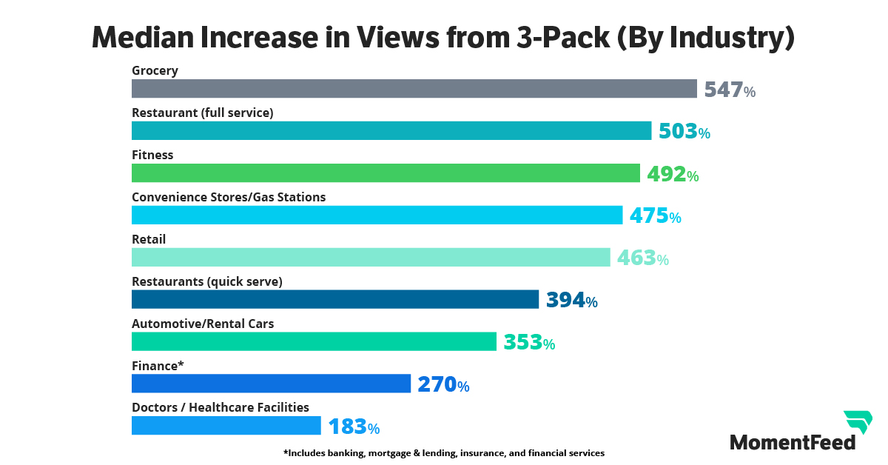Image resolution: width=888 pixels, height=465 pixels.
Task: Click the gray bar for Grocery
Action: point(414,89)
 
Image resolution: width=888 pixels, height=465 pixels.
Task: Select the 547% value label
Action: point(730,90)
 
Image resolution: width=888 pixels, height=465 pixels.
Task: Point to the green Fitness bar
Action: point(386,173)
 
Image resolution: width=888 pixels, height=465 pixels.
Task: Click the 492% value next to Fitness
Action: point(673,174)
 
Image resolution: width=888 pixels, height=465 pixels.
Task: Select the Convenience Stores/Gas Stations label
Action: point(229,197)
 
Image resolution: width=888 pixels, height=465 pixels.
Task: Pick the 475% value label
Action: point(655,216)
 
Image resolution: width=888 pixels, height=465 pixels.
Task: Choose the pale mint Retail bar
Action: point(371,257)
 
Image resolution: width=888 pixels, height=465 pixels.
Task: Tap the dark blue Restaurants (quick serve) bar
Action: point(334,299)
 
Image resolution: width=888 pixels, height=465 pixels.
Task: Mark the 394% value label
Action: point(571,300)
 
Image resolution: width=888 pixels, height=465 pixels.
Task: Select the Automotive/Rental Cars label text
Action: point(203,324)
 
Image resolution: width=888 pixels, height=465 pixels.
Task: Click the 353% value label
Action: point(529,342)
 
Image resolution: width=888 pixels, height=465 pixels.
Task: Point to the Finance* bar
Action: point(271,384)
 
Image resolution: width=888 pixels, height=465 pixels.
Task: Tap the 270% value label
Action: point(443,384)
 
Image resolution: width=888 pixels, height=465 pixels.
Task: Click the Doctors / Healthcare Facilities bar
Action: point(226,426)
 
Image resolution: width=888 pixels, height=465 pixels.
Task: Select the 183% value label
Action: point(354,426)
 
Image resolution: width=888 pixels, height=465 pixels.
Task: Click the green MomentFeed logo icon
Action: point(858,422)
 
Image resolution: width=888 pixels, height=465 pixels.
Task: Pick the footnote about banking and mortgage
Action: point(443,452)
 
